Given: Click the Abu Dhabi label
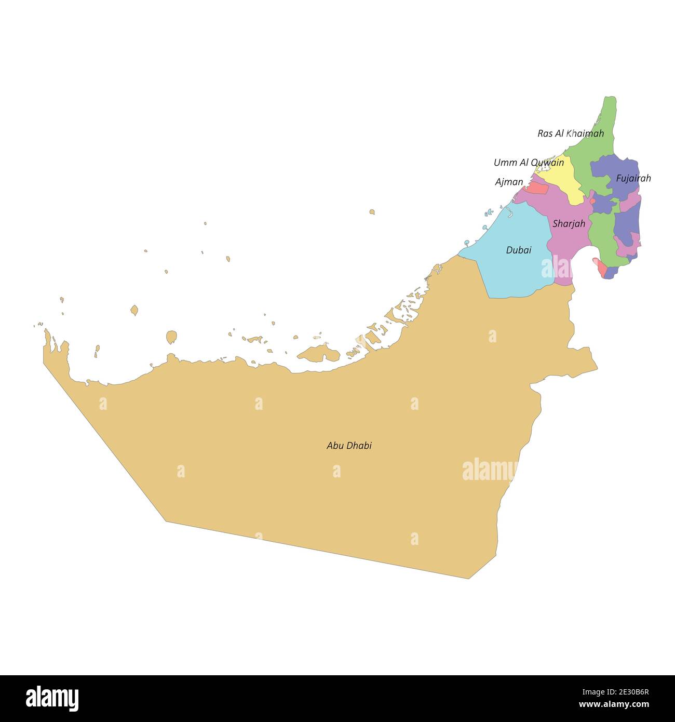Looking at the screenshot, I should pyautogui.click(x=349, y=446).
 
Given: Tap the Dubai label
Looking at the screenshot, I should pyautogui.click(x=519, y=250).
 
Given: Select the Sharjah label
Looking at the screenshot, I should pyautogui.click(x=569, y=224).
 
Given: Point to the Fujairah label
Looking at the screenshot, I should pyautogui.click(x=633, y=179).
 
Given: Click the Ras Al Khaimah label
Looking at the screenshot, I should pyautogui.click(x=571, y=133).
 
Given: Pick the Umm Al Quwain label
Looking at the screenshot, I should pyautogui.click(x=529, y=163).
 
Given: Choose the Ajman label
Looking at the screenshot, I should pyautogui.click(x=509, y=182).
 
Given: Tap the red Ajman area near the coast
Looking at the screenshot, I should pyautogui.click(x=537, y=188).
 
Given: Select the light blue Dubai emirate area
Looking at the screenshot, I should pyautogui.click(x=511, y=270).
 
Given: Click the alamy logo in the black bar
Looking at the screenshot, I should pyautogui.click(x=52, y=698).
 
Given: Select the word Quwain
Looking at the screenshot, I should pyautogui.click(x=547, y=163).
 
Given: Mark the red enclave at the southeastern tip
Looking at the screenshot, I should pyautogui.click(x=601, y=268).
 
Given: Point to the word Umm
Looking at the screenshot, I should pyautogui.click(x=503, y=163).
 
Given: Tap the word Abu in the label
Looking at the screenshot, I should pyautogui.click(x=335, y=446).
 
